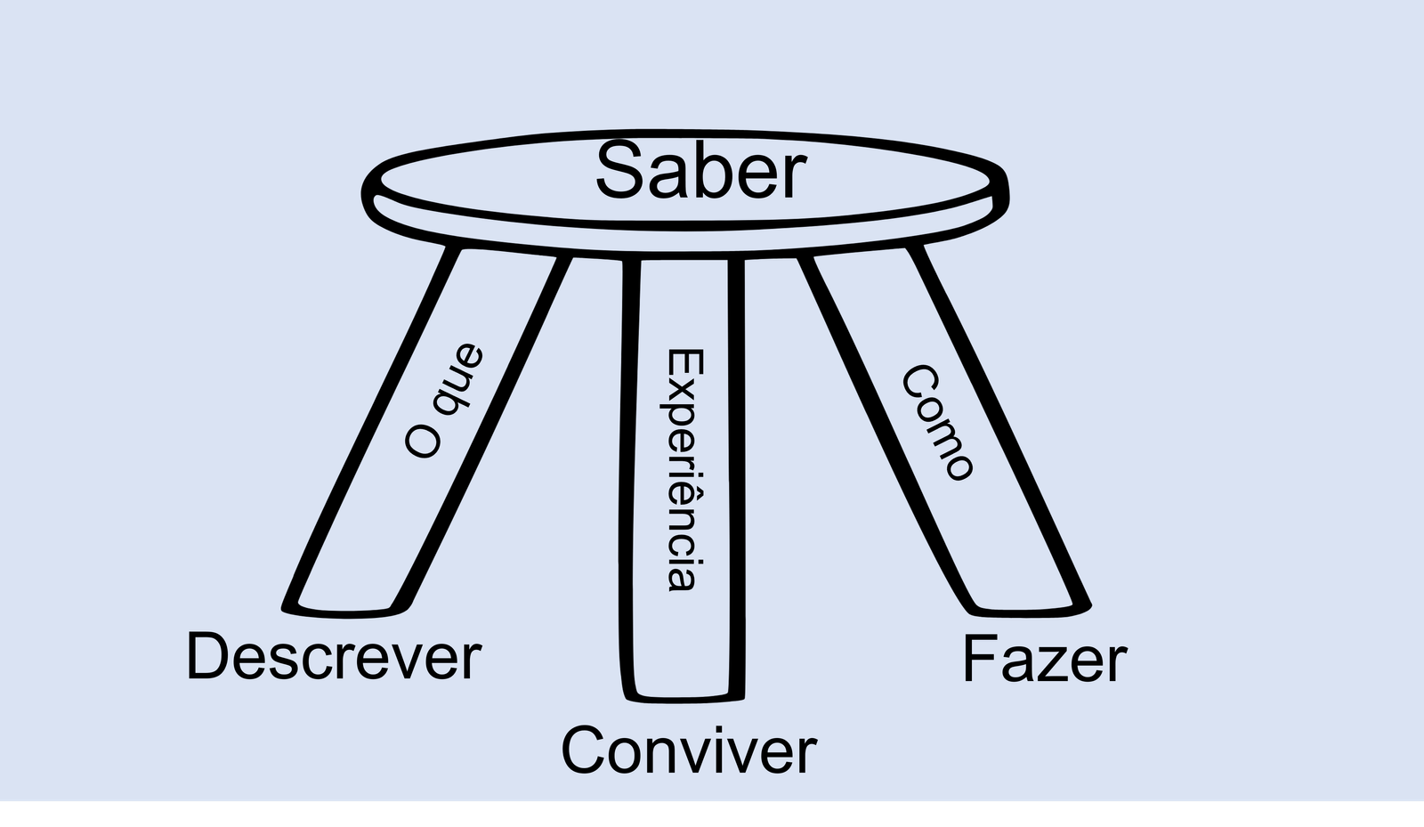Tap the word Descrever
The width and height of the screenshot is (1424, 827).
tap(334, 658)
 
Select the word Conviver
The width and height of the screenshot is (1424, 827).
tap(688, 750)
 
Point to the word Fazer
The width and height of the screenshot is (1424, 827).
tap(1045, 660)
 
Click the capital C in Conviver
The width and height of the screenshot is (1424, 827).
tap(586, 750)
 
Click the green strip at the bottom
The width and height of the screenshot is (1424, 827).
tap(712, 814)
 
